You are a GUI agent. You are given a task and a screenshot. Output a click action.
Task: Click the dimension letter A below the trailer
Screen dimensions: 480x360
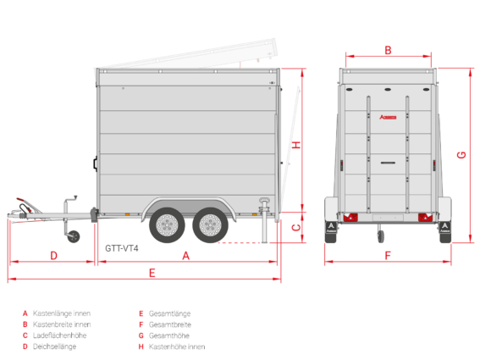tap(185, 256)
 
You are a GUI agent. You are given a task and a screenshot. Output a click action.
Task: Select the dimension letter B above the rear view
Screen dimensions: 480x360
tap(388, 50)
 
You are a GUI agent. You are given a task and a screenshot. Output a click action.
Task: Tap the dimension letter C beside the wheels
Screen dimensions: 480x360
tap(296, 228)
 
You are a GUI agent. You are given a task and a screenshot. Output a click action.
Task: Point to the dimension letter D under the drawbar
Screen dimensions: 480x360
tap(53, 256)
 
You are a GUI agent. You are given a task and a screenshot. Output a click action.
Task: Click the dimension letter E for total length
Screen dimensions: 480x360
tap(152, 273)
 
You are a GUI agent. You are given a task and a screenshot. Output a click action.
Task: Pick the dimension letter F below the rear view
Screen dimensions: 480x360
tap(388, 256)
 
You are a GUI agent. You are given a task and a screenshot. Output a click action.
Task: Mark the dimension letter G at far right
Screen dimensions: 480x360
tap(461, 155)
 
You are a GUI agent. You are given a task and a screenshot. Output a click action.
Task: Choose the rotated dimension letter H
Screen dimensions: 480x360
tap(296, 145)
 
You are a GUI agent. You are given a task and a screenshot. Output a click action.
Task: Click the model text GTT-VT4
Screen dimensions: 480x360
tap(122, 248)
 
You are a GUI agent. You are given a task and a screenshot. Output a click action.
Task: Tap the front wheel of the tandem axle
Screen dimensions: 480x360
tap(167, 225)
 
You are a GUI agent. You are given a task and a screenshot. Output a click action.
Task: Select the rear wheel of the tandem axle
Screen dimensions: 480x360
tap(210, 225)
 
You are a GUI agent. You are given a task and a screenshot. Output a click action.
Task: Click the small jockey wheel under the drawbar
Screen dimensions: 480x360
tap(73, 236)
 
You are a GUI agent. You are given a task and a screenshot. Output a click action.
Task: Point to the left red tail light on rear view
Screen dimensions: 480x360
tap(350, 218)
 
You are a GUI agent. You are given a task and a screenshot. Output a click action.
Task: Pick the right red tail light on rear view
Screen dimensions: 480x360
tap(426, 218)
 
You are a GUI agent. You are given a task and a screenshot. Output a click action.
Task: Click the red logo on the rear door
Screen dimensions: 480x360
tap(388, 117)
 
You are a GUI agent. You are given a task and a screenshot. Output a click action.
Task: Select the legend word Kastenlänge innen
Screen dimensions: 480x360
tap(62, 313)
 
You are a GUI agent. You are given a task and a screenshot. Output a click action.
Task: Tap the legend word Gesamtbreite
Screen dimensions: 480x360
tap(170, 324)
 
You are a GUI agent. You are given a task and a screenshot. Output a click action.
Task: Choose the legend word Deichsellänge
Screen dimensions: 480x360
tap(54, 346)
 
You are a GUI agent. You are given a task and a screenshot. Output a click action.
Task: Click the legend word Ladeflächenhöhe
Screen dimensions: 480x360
tap(60, 335)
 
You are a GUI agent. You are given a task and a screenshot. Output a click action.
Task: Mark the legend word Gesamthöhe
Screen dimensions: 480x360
tap(169, 335)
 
